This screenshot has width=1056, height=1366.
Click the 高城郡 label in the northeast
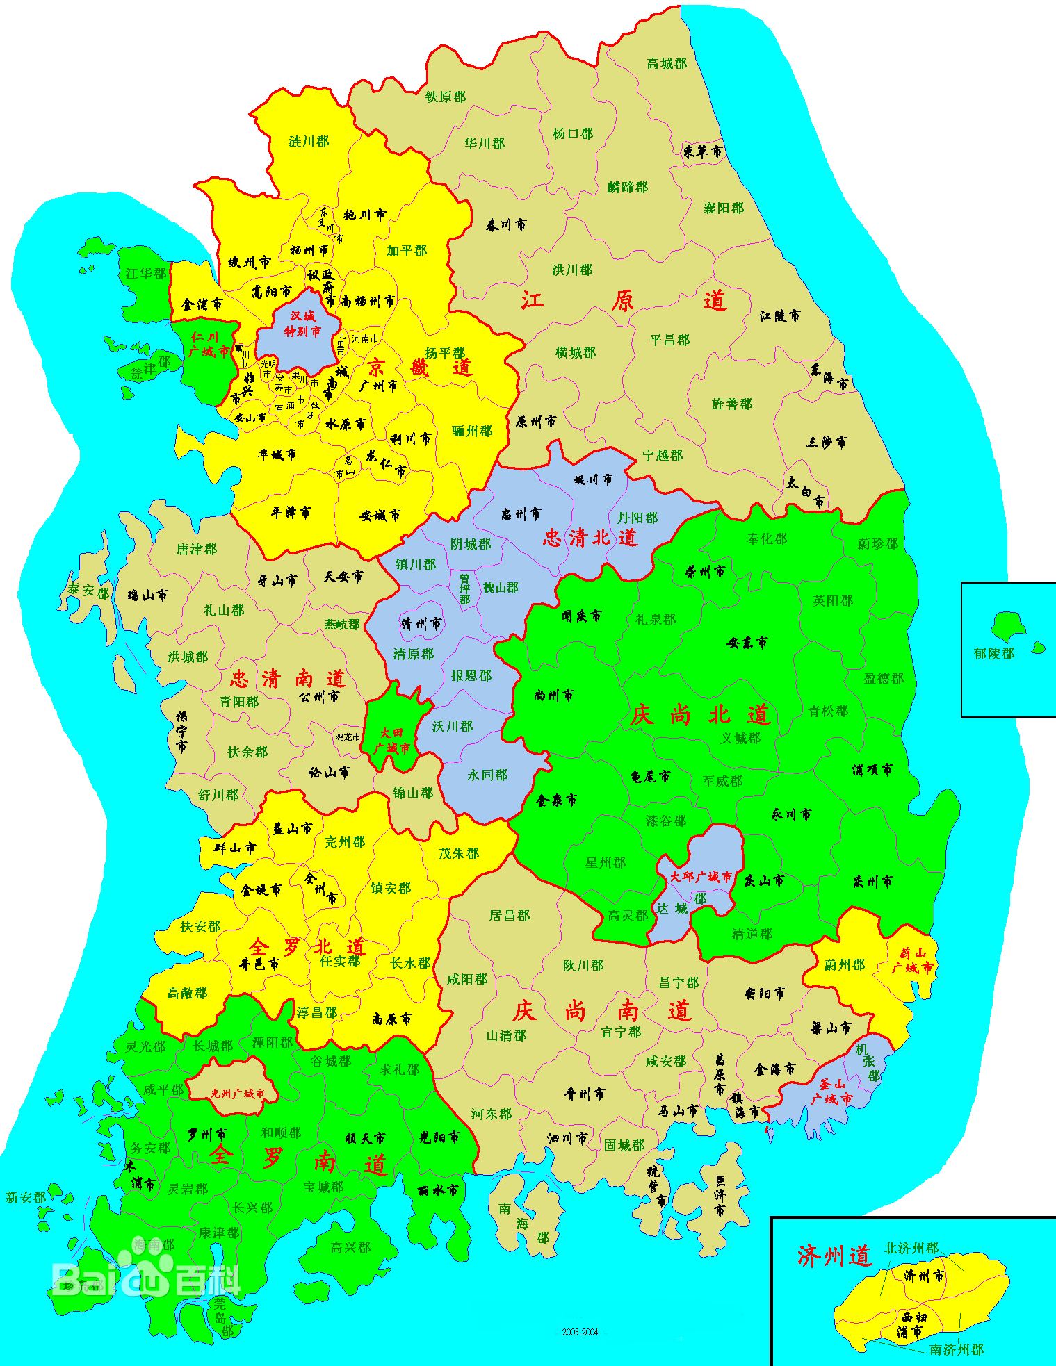(667, 64)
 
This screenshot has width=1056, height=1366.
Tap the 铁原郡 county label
(446, 97)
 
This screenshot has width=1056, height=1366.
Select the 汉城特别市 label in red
(302, 324)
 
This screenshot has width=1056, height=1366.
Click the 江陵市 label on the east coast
(779, 316)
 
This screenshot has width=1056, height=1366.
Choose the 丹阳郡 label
(637, 518)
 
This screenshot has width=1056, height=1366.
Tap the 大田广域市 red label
(392, 741)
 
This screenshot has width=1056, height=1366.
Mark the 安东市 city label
(747, 643)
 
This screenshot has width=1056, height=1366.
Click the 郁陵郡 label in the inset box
(993, 653)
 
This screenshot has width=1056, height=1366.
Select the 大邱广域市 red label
(701, 877)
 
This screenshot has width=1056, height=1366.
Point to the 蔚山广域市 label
(912, 961)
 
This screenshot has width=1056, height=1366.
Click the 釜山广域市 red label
(831, 1092)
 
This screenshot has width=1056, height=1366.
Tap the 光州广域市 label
(238, 1094)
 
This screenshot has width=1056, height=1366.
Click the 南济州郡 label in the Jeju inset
(957, 1349)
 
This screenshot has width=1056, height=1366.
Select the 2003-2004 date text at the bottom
(580, 1332)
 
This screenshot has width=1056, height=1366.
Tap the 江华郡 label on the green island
(146, 274)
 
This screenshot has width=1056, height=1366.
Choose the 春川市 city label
(506, 225)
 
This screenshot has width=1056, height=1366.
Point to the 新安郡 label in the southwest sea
(26, 1197)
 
